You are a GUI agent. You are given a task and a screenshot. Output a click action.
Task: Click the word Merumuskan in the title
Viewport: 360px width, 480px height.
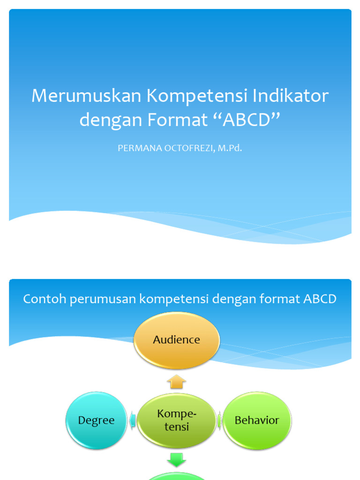[87, 96]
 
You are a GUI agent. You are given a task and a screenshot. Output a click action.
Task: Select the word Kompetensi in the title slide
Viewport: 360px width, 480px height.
[197, 96]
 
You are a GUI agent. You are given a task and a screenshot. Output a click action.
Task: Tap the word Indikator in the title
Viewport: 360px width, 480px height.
[291, 96]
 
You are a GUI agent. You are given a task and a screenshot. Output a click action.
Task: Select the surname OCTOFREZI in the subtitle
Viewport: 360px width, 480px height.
[189, 149]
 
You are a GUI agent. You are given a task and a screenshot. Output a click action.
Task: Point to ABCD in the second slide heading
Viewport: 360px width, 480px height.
[320, 299]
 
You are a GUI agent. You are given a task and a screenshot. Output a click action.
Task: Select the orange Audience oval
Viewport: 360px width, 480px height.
[176, 340]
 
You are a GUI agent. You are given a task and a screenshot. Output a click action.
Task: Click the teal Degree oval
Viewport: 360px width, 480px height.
[96, 420]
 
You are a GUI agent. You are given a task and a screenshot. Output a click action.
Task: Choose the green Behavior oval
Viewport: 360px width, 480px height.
[257, 420]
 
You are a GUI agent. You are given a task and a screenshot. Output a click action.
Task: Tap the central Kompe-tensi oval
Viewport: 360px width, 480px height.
[176, 420]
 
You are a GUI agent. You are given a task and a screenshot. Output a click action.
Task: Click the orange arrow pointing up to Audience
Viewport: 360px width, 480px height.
[176, 382]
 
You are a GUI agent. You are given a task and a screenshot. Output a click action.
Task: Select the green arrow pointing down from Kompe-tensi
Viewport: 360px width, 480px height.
[176, 461]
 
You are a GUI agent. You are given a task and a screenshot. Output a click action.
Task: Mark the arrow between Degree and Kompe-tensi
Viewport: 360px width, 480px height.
[133, 420]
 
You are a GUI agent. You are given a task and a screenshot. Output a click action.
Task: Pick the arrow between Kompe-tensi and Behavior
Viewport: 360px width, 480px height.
[219, 420]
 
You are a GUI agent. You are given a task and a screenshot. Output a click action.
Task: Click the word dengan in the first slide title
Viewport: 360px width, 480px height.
[110, 120]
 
